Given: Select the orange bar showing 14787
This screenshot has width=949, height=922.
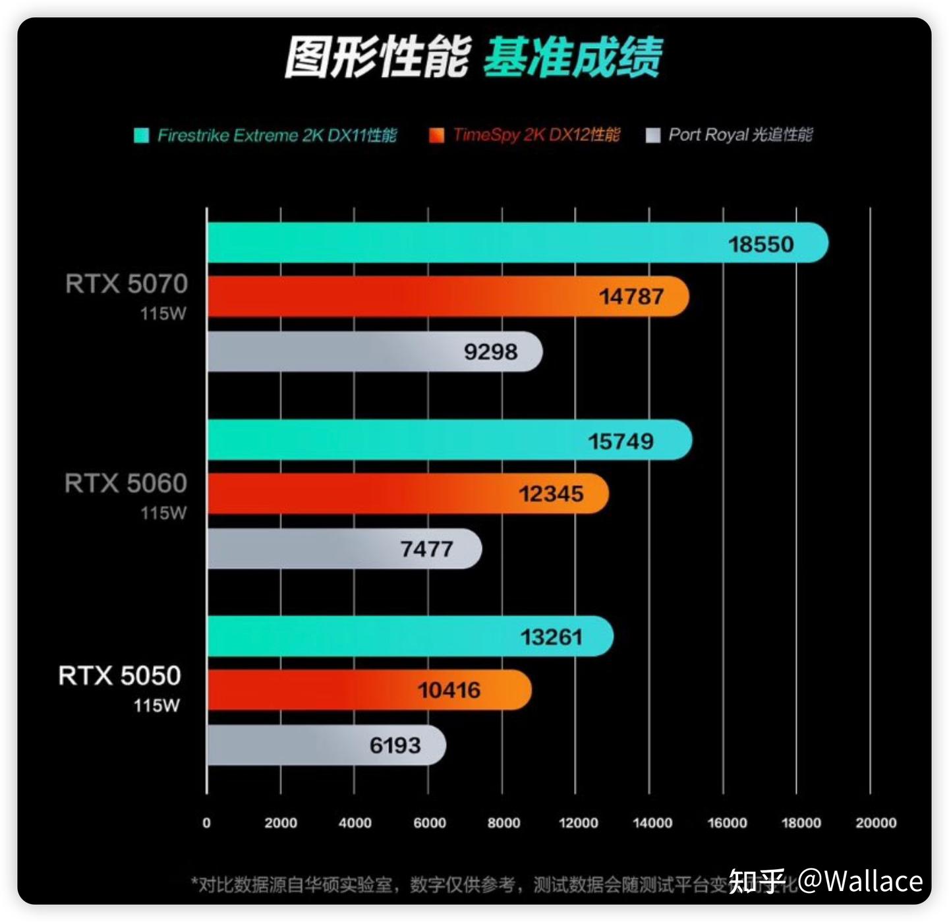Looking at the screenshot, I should point(448,297).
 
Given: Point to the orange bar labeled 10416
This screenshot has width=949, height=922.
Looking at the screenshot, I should point(369,690).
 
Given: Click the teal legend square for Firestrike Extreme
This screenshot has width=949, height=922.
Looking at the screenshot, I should point(141,136).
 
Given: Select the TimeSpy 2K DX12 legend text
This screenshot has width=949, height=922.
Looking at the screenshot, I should point(536,135).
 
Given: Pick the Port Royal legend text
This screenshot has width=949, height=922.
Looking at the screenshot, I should point(740,135).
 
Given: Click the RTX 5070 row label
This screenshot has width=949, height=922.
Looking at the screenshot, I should point(127,284).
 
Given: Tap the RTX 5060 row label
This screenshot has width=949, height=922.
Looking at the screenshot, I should point(126,484).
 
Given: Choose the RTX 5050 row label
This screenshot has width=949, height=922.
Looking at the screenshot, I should point(119,676).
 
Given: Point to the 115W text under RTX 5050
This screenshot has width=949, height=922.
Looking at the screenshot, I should point(156,706).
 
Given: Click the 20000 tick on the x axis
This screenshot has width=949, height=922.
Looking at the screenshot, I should point(876,822).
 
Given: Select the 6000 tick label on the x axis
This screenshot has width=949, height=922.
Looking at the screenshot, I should point(429,822).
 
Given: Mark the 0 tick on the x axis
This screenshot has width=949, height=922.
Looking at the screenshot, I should point(206,822).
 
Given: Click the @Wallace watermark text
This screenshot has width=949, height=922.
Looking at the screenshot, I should point(860,881).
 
